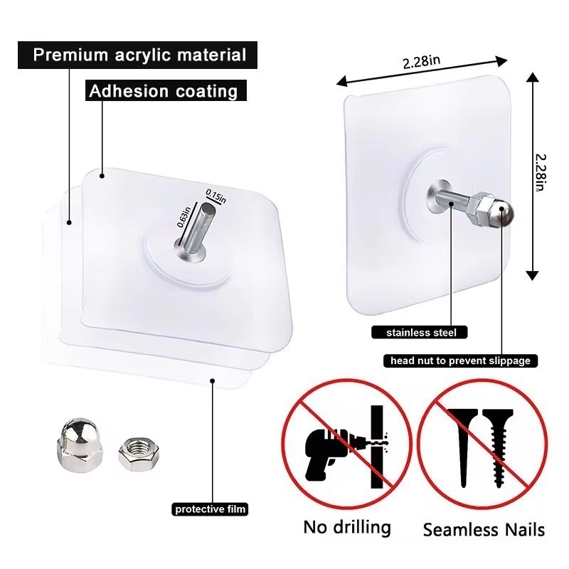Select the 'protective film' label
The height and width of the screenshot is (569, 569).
coord(210,509)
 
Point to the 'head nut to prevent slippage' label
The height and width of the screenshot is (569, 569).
coord(460,361)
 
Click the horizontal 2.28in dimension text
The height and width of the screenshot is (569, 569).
coord(421,62)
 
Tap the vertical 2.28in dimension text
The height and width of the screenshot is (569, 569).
coord(541,173)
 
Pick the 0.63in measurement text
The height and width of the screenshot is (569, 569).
coord(184,217)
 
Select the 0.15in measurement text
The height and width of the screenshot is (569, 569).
coord(216,196)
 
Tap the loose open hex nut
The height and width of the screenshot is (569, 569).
coord(139,454)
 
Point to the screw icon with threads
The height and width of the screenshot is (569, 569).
coord(497,447)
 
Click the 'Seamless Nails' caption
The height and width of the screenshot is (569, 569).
coord(484,529)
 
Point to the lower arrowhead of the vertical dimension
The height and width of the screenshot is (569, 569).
coord(532,276)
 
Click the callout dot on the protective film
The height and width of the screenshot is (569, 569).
coord(213,381)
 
